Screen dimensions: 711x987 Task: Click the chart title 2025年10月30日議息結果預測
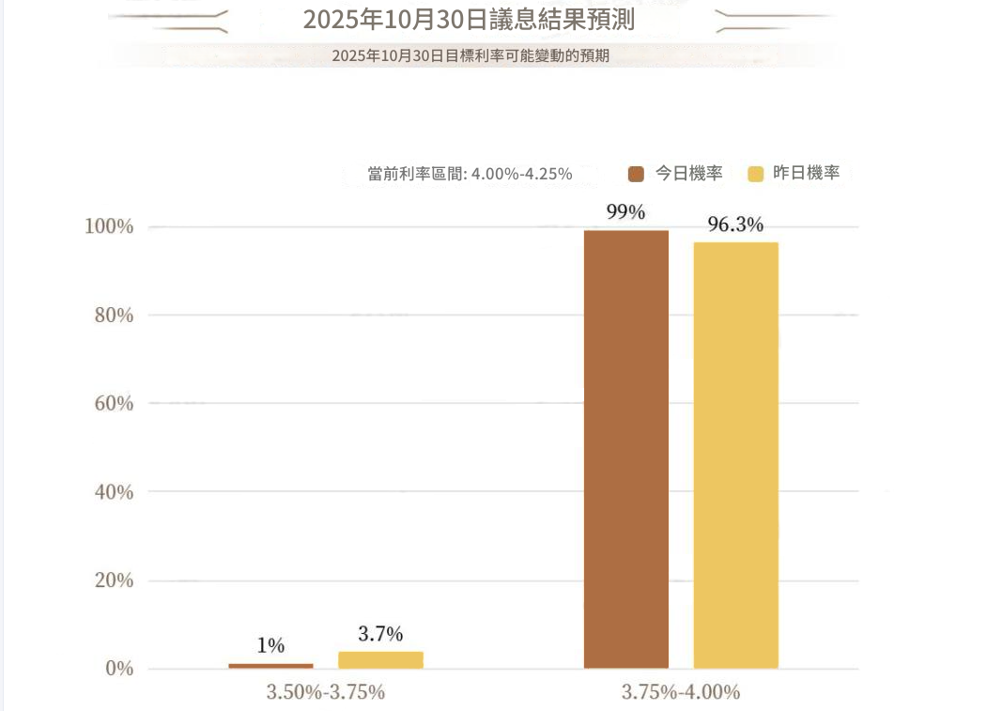469,19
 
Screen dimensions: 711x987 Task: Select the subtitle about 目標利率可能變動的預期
470,55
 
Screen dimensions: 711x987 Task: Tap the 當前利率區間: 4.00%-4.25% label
470,174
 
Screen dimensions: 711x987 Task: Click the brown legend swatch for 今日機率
636,174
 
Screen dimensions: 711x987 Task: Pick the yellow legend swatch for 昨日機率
755,174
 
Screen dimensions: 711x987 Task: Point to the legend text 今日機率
688,174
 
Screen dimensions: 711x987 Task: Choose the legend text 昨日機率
806,174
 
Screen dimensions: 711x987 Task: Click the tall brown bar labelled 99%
626,449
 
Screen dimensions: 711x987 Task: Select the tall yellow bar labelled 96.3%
736,456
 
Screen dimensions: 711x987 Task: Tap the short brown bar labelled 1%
270,666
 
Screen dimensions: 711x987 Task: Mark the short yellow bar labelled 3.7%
380,660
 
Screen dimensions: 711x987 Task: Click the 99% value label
625,212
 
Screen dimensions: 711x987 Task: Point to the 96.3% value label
735,224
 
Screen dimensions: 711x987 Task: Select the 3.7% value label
380,633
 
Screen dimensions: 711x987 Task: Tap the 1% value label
270,645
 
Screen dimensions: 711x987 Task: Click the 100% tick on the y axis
109,226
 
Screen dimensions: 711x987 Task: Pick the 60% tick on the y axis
114,404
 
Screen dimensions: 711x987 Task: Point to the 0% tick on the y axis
118,669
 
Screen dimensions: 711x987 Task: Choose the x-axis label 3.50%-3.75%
326,693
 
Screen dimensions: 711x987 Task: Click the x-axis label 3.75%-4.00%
681,693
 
